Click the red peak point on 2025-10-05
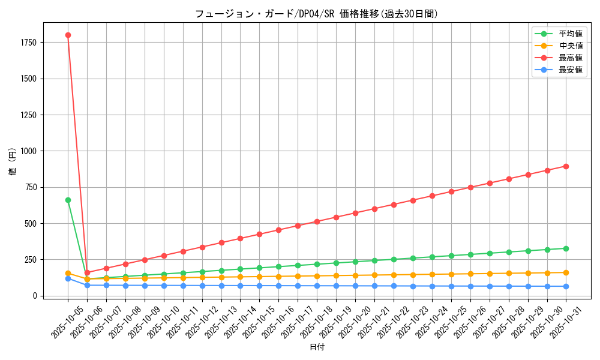coord(68,35)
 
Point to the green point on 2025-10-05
coord(68,200)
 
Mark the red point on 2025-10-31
coord(566,166)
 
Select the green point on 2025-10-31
coord(566,248)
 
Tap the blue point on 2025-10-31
coord(566,286)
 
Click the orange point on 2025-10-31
coord(566,272)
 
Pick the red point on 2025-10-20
coord(355,213)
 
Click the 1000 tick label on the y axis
coord(28,151)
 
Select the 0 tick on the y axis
coord(35,296)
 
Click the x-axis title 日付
coord(317,347)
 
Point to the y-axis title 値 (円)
coord(13,162)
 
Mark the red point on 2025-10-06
coord(87,272)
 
